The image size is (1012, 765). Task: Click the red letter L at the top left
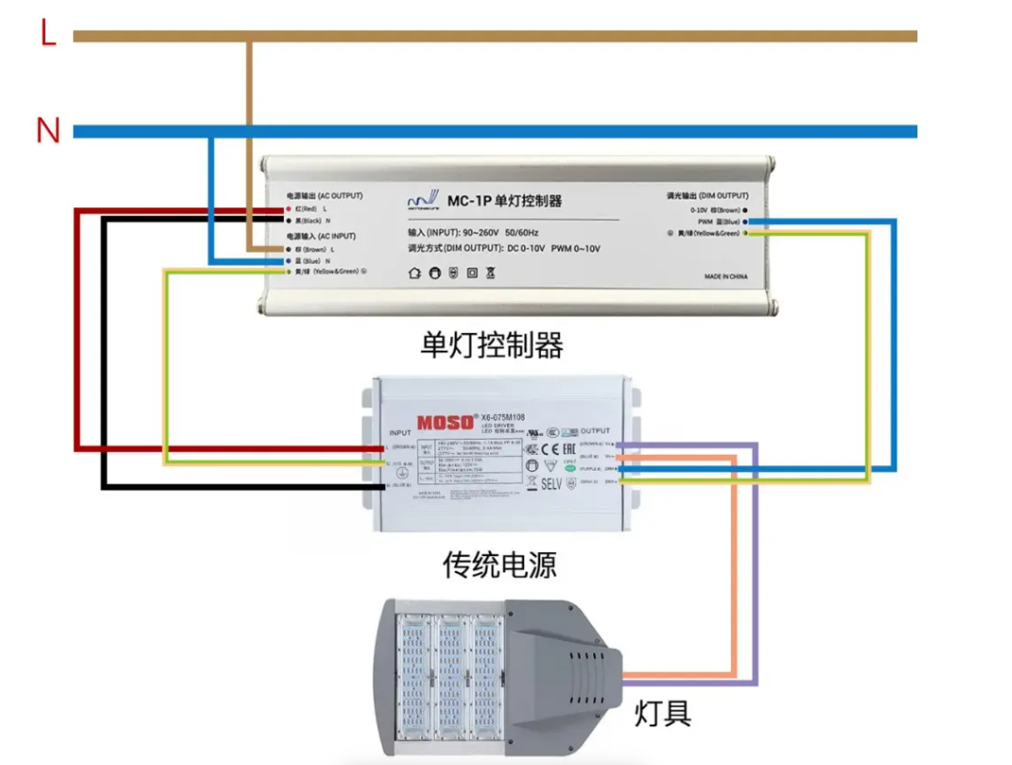[49, 34]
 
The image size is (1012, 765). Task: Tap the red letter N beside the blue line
[47, 130]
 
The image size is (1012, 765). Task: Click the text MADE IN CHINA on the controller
[725, 277]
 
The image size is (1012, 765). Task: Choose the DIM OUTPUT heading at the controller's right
[705, 195]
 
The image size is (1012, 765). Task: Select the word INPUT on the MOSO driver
[400, 432]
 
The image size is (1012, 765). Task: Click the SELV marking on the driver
[551, 483]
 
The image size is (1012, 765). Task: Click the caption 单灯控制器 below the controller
[492, 345]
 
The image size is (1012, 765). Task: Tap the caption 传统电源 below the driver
[499, 565]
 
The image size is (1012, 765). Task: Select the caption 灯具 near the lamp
[662, 712]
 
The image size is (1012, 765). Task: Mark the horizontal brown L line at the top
[567, 36]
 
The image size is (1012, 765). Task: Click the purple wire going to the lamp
[755, 567]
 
